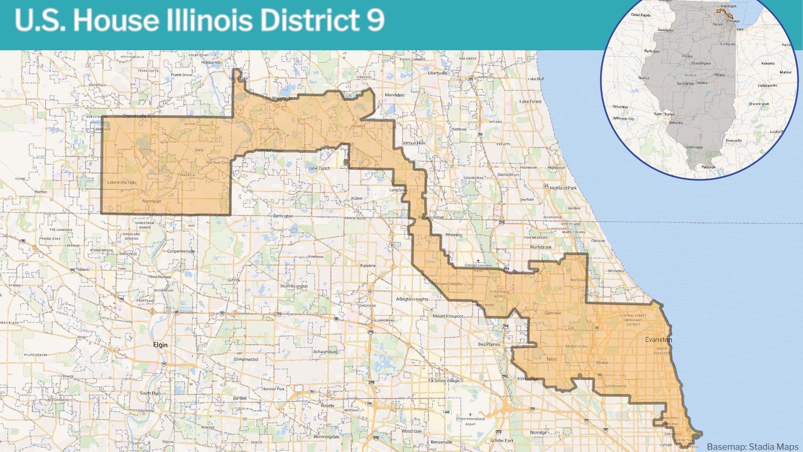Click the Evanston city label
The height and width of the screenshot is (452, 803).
(x=658, y=339)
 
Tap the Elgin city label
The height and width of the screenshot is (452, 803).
(x=160, y=345)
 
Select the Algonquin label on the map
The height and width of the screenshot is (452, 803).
(x=151, y=201)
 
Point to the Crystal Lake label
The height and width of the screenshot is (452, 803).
(x=135, y=116)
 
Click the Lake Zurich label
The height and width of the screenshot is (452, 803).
(x=319, y=168)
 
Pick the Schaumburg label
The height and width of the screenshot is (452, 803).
(x=325, y=352)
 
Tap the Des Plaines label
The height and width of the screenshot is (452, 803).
(x=489, y=344)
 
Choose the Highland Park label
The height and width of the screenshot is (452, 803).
(x=563, y=188)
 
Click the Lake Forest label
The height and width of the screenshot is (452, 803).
(x=530, y=102)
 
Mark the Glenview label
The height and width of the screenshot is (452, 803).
(x=553, y=313)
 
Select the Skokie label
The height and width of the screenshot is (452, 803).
(x=602, y=362)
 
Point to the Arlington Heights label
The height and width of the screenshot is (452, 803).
(x=412, y=299)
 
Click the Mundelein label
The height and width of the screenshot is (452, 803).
(x=394, y=95)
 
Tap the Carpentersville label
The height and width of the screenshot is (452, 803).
(x=181, y=252)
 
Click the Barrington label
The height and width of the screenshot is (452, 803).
(x=283, y=216)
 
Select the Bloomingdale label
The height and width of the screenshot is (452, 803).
(x=327, y=437)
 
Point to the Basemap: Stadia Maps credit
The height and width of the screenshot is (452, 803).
(x=752, y=447)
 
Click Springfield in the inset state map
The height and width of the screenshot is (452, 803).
(x=685, y=84)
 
